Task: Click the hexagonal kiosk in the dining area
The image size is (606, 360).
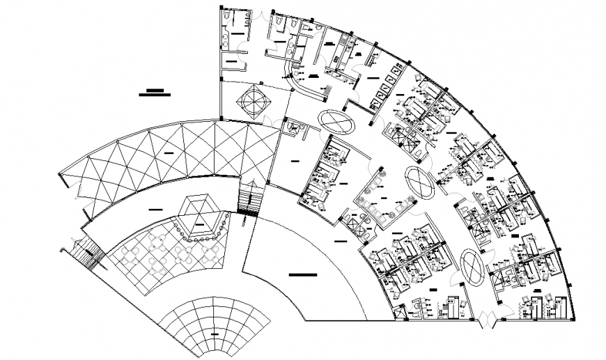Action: click(201, 212)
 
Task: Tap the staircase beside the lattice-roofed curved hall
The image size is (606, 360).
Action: click(249, 198)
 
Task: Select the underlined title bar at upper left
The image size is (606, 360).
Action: click(155, 92)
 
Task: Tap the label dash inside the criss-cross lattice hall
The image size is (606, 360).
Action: click(168, 151)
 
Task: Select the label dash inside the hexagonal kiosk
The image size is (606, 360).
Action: click(201, 225)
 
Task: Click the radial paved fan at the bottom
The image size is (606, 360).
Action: click(212, 327)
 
